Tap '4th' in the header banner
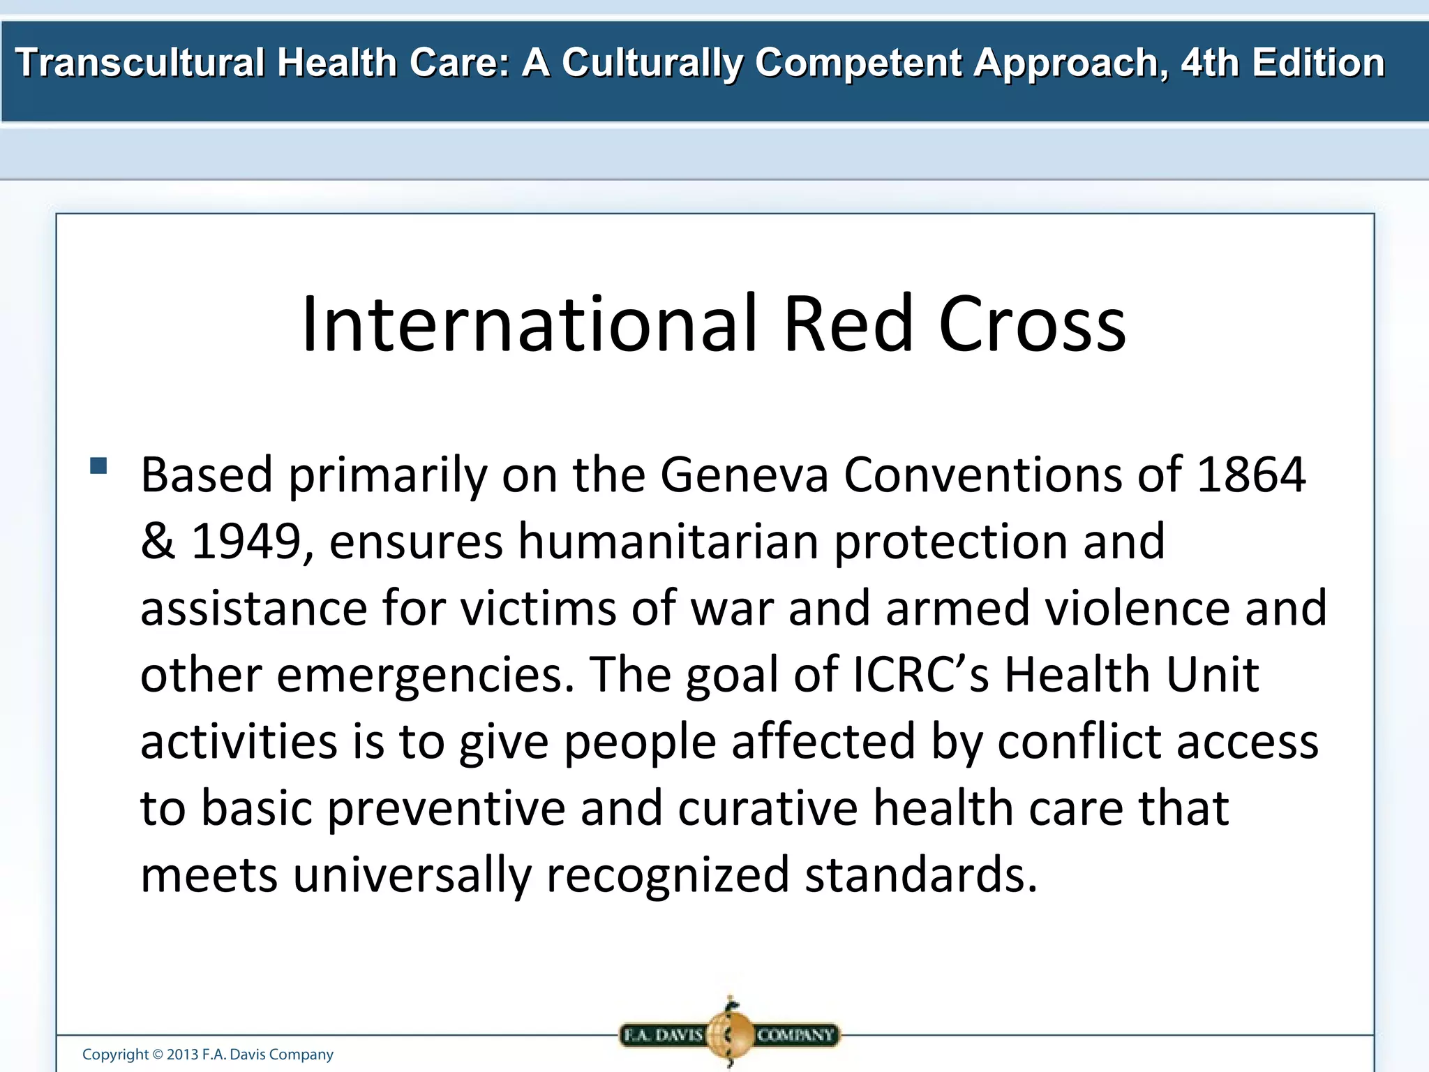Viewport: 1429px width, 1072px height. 1209,63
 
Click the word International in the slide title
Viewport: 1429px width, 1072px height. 529,325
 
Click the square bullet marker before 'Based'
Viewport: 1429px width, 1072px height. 98,466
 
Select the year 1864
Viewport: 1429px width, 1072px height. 1250,475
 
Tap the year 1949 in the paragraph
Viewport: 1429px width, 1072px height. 246,542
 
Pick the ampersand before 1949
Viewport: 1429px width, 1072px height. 157,542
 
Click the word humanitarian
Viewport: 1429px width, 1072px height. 668,542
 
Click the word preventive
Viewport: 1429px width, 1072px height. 446,808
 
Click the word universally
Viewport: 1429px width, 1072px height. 412,875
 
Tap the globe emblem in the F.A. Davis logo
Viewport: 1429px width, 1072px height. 729,1034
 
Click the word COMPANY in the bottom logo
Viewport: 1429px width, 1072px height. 795,1035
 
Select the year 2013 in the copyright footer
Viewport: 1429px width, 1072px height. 182,1055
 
